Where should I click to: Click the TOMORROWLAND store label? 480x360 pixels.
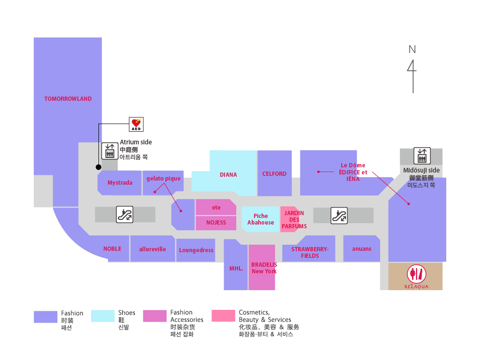click(x=68, y=99)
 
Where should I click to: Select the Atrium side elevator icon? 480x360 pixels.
click(x=110, y=150)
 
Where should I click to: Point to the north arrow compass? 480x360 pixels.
click(x=412, y=70)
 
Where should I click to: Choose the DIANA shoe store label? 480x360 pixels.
click(x=228, y=175)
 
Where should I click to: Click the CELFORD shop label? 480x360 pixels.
click(x=274, y=174)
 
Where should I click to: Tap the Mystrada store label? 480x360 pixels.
click(x=120, y=183)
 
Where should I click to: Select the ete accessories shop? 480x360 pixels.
click(x=216, y=208)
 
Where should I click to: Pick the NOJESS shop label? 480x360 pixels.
click(x=216, y=223)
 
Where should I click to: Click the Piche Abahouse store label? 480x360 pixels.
click(x=261, y=219)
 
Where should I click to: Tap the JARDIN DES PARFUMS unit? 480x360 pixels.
click(x=294, y=219)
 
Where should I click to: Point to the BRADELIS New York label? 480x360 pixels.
click(x=264, y=268)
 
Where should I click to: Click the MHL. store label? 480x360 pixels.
click(x=236, y=269)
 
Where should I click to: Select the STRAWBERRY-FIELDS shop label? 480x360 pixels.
click(x=310, y=253)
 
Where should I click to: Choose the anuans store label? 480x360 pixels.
click(x=361, y=249)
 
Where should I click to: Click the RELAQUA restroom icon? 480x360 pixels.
click(x=416, y=274)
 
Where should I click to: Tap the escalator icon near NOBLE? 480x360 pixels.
click(x=125, y=215)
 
